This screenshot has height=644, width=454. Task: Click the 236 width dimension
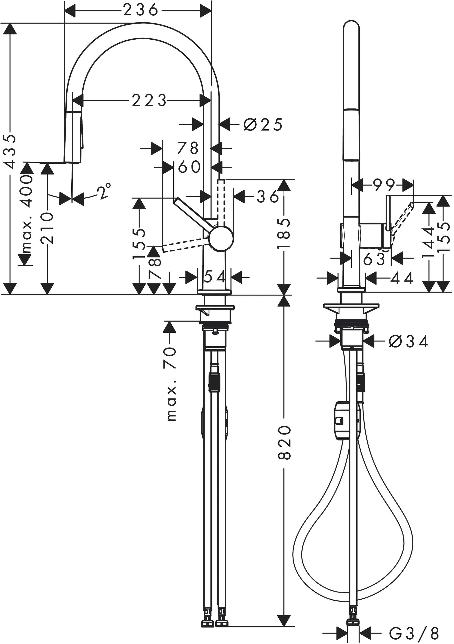tap(140, 11)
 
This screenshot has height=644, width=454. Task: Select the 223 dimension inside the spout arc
tap(149, 101)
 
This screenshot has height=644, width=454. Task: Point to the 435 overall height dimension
tap(10, 151)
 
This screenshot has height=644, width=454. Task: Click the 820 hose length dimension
tap(284, 442)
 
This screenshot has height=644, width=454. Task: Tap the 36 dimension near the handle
tap(267, 197)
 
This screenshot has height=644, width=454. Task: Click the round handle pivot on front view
tap(221, 238)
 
